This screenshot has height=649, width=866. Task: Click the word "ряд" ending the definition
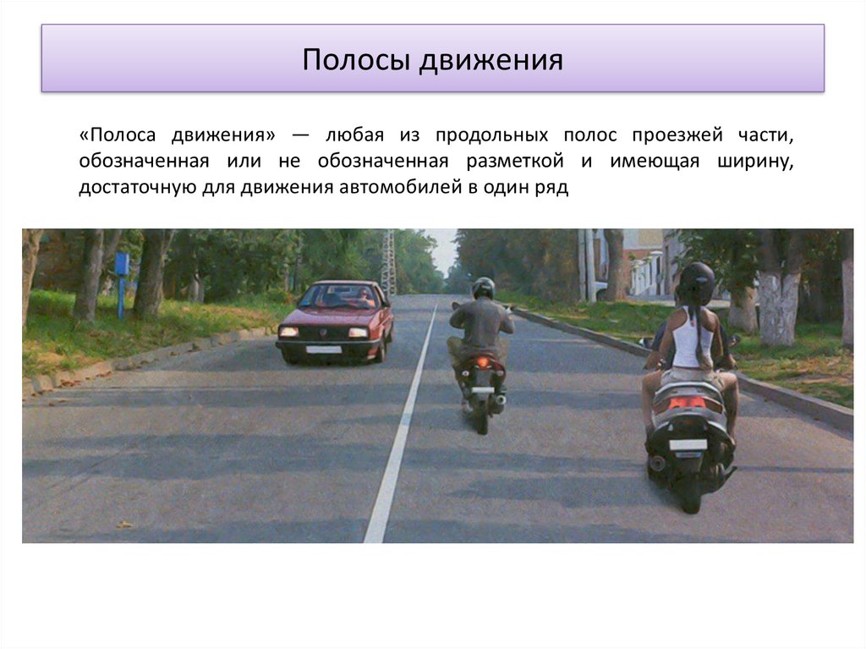coord(553,187)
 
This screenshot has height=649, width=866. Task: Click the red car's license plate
coord(323,349)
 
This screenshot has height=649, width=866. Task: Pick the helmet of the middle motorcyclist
coord(483,288)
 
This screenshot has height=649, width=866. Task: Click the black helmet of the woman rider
coord(697,282)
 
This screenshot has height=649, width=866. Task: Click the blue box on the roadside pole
coord(122,263)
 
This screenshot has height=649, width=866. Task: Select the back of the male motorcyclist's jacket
coord(480,322)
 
